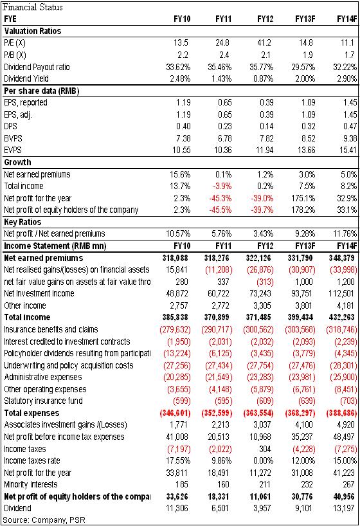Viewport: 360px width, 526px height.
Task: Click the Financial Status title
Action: tap(33, 7)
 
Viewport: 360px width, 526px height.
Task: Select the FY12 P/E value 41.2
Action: tap(264, 43)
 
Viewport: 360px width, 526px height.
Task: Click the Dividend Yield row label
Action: tap(26, 78)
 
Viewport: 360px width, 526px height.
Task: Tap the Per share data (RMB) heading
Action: tap(42, 91)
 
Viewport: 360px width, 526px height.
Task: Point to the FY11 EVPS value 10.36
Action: tap(223, 150)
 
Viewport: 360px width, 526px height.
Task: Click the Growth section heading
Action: tap(17, 162)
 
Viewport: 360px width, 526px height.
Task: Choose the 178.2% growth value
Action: tap(303, 210)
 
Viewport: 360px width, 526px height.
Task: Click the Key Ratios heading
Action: tap(22, 222)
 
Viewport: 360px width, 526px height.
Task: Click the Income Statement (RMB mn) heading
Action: tap(55, 246)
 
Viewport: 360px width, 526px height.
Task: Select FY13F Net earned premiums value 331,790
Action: tap(300, 258)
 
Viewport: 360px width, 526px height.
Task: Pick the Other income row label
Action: tap(25, 305)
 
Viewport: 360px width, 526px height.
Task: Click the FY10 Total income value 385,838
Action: tap(175, 318)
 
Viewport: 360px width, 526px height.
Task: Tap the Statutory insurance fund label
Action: tap(43, 401)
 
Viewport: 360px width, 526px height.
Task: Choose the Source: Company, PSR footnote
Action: tap(44, 520)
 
